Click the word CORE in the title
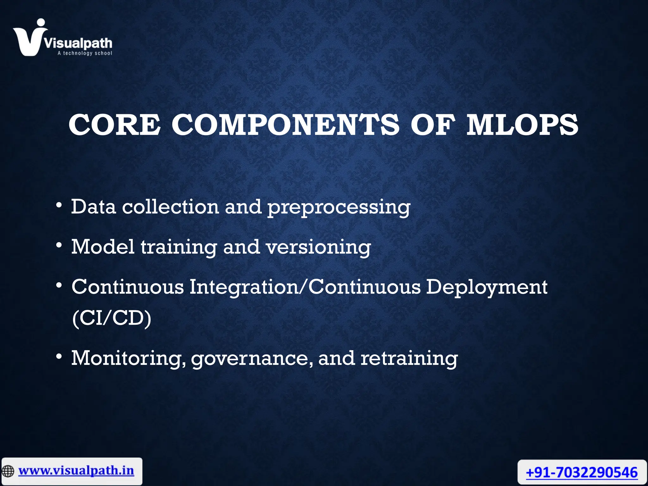click(x=114, y=125)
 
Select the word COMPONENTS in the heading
click(x=285, y=125)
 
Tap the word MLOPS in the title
click(x=522, y=125)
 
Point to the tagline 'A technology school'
click(x=85, y=53)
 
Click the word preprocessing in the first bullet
click(x=339, y=208)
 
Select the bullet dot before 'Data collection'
click(x=59, y=205)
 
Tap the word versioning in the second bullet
click(x=318, y=247)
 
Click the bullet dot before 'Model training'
click(x=59, y=245)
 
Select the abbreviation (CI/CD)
click(x=112, y=318)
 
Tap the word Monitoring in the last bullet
click(x=128, y=359)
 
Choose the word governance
click(x=252, y=359)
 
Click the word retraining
click(x=409, y=359)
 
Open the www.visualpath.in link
click(x=76, y=470)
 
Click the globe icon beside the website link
click(x=8, y=471)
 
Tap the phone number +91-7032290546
click(x=582, y=473)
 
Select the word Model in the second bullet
click(x=103, y=246)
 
